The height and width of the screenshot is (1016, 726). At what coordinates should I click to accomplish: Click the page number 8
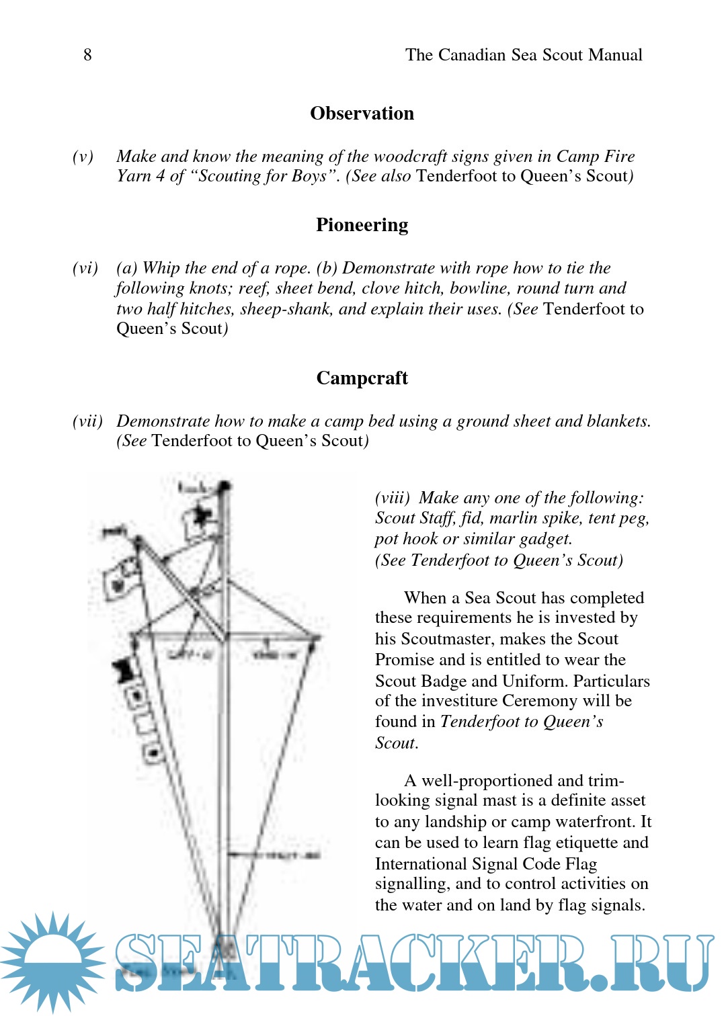pyautogui.click(x=87, y=55)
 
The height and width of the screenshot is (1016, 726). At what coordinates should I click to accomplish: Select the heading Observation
pyautogui.click(x=362, y=114)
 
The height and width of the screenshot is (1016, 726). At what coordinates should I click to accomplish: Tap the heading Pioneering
pyautogui.click(x=362, y=225)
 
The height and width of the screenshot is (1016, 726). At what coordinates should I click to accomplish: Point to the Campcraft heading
pyautogui.click(x=362, y=378)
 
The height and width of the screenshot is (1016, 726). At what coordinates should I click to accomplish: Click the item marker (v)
pyautogui.click(x=83, y=157)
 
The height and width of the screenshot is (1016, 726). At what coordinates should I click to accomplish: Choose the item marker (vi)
pyautogui.click(x=85, y=268)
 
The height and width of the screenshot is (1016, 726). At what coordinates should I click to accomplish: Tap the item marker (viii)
pyautogui.click(x=392, y=498)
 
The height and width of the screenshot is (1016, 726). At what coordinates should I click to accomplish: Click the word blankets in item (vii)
pyautogui.click(x=618, y=421)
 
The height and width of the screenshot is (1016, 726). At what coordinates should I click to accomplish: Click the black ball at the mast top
pyautogui.click(x=225, y=485)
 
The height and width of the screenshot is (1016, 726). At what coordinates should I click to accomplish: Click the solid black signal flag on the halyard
pyautogui.click(x=123, y=669)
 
